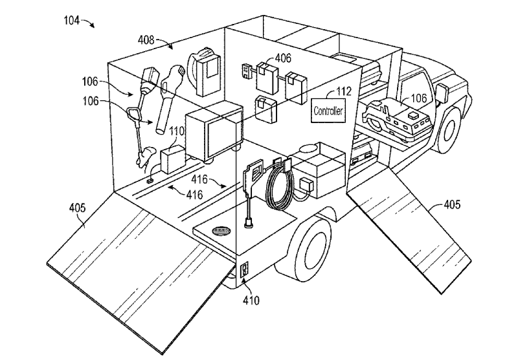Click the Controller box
[x=328, y=111]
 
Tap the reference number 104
[x=71, y=20]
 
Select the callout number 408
[x=146, y=40]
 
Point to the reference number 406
[x=283, y=58]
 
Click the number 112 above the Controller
[x=344, y=91]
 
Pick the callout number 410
[x=251, y=300]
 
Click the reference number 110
[x=176, y=131]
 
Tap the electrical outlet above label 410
[x=245, y=269]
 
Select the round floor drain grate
[x=221, y=231]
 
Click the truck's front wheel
[x=448, y=129]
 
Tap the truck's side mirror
[x=442, y=93]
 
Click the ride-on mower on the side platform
[x=396, y=120]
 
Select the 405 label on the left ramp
[x=78, y=207]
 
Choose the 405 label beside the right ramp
[x=452, y=204]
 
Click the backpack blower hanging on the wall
[x=205, y=72]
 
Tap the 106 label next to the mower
[x=419, y=98]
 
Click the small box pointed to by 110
[x=173, y=159]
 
